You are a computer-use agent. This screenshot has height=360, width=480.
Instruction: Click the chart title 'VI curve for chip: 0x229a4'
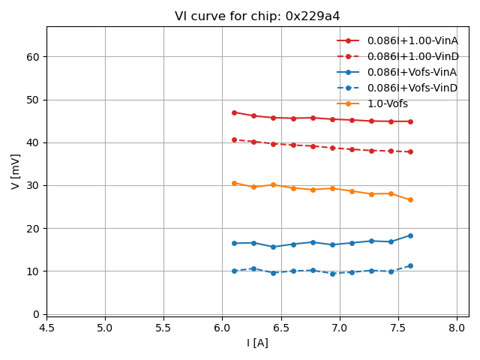[x=257, y=16]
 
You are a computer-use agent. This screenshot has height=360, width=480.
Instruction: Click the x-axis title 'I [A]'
[x=257, y=343]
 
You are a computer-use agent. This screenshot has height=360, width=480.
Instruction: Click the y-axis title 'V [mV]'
[x=16, y=171]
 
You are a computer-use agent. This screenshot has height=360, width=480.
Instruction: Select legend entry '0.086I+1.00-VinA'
[x=412, y=40]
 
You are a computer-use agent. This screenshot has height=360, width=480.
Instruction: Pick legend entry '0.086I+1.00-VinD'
[x=412, y=56]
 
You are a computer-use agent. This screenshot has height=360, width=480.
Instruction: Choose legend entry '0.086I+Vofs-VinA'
[x=412, y=72]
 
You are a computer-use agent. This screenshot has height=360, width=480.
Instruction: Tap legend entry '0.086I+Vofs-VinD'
[x=412, y=88]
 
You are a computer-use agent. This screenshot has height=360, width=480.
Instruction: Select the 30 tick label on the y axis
[x=33, y=185]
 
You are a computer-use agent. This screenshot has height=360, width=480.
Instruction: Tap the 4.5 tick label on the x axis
[x=46, y=328]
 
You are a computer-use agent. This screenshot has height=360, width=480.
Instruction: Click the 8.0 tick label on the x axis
[x=457, y=328]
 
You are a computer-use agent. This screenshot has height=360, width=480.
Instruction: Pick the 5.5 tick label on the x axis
[x=163, y=328]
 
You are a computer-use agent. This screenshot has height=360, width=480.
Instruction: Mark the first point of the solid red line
[x=234, y=112]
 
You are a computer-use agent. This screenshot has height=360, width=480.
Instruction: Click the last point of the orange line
[x=410, y=199]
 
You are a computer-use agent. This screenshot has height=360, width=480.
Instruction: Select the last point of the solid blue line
[x=410, y=235]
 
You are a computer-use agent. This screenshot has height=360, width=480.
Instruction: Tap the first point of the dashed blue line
[x=234, y=271]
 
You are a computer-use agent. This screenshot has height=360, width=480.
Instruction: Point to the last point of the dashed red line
[x=410, y=151]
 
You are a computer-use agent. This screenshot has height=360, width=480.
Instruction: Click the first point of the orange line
[x=234, y=183]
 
